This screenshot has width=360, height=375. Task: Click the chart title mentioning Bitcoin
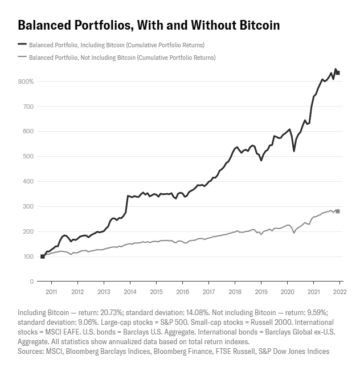click(x=149, y=25)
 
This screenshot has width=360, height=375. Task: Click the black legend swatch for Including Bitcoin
click(x=22, y=44)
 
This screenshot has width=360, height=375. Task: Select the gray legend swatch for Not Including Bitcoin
click(x=22, y=57)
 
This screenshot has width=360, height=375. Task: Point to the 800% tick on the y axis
click(x=26, y=81)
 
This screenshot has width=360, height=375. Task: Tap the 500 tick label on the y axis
click(x=28, y=156)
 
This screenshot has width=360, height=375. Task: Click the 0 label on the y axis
click(x=32, y=282)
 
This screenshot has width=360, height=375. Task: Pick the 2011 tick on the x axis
click(x=51, y=292)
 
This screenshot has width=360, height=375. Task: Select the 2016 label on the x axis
click(x=182, y=292)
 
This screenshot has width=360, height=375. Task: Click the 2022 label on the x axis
click(x=339, y=292)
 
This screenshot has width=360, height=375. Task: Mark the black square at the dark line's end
click(x=338, y=72)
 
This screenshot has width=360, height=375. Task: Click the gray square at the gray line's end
click(x=338, y=211)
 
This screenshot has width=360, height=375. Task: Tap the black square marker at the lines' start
click(x=42, y=256)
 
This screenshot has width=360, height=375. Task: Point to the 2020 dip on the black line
click(x=294, y=150)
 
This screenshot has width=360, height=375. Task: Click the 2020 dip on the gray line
click(x=294, y=233)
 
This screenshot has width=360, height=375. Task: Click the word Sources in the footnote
click(x=31, y=352)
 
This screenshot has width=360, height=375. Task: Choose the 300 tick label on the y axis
click(x=28, y=206)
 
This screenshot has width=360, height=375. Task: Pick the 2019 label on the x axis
click(x=261, y=292)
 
